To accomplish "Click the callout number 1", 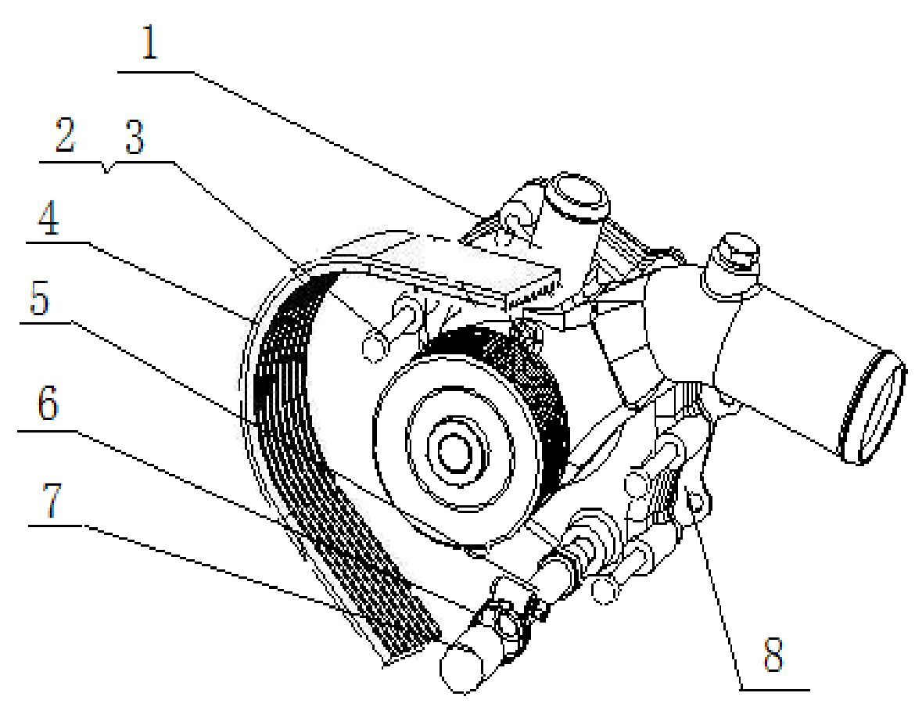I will [x=149, y=45].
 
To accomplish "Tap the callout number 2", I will [x=64, y=138].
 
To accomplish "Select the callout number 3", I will [x=134, y=138].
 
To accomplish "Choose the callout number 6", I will [x=47, y=405].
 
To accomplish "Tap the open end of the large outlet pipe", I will [x=875, y=406].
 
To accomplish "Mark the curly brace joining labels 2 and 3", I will [x=107, y=167].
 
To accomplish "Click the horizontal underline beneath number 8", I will [x=774, y=690].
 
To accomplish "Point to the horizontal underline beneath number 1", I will [x=156, y=72].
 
